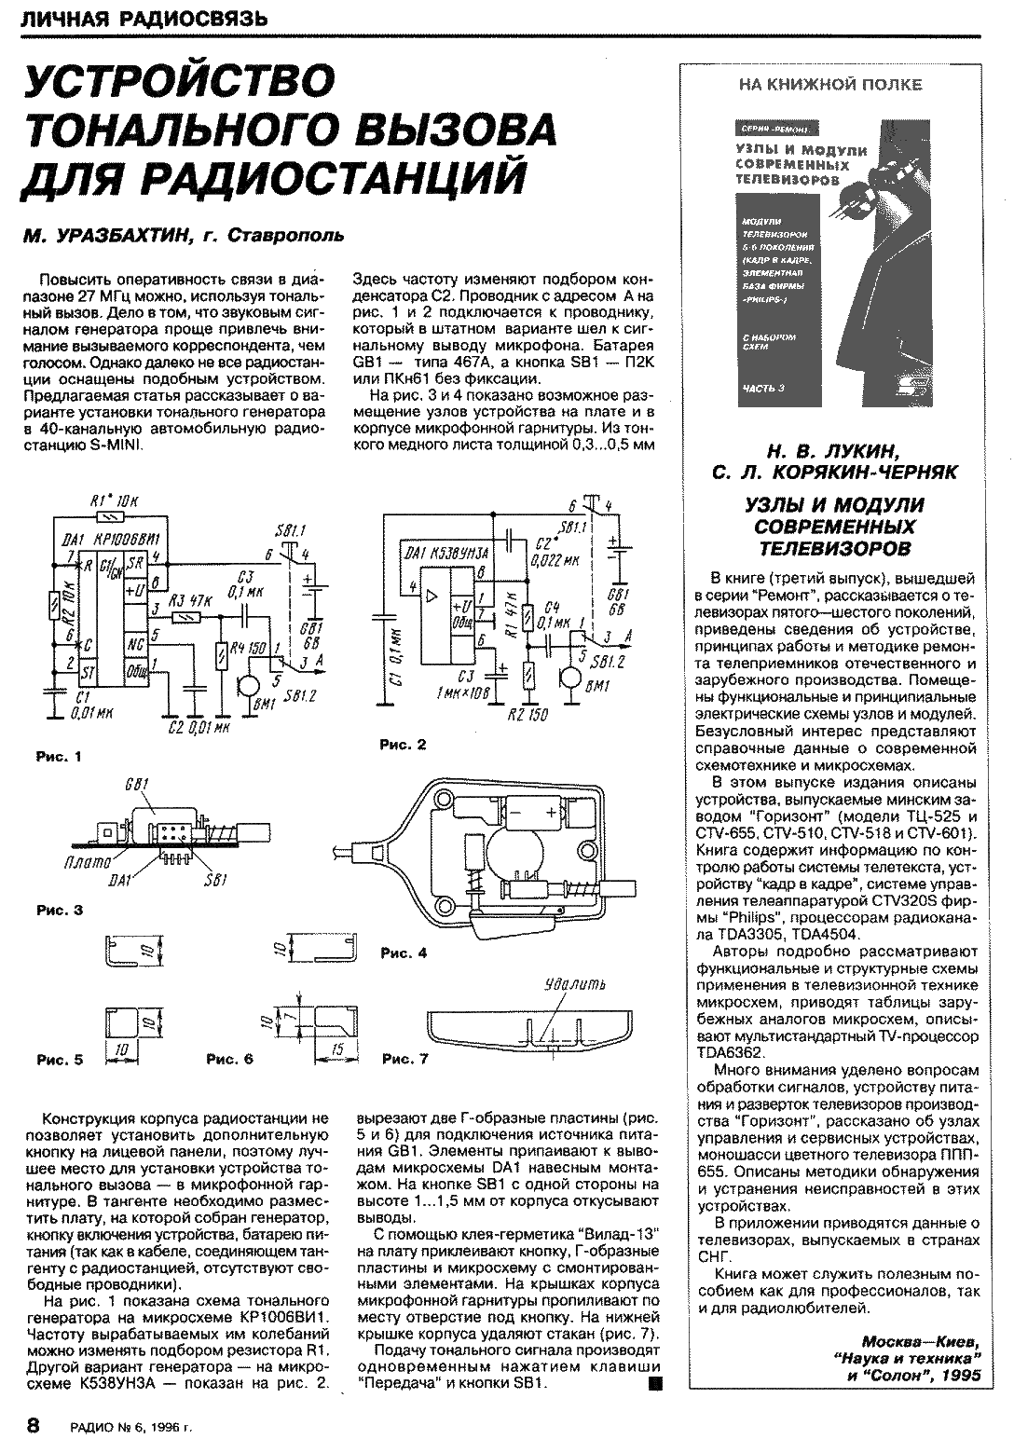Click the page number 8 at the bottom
(x=33, y=1425)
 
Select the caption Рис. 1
(x=59, y=757)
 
